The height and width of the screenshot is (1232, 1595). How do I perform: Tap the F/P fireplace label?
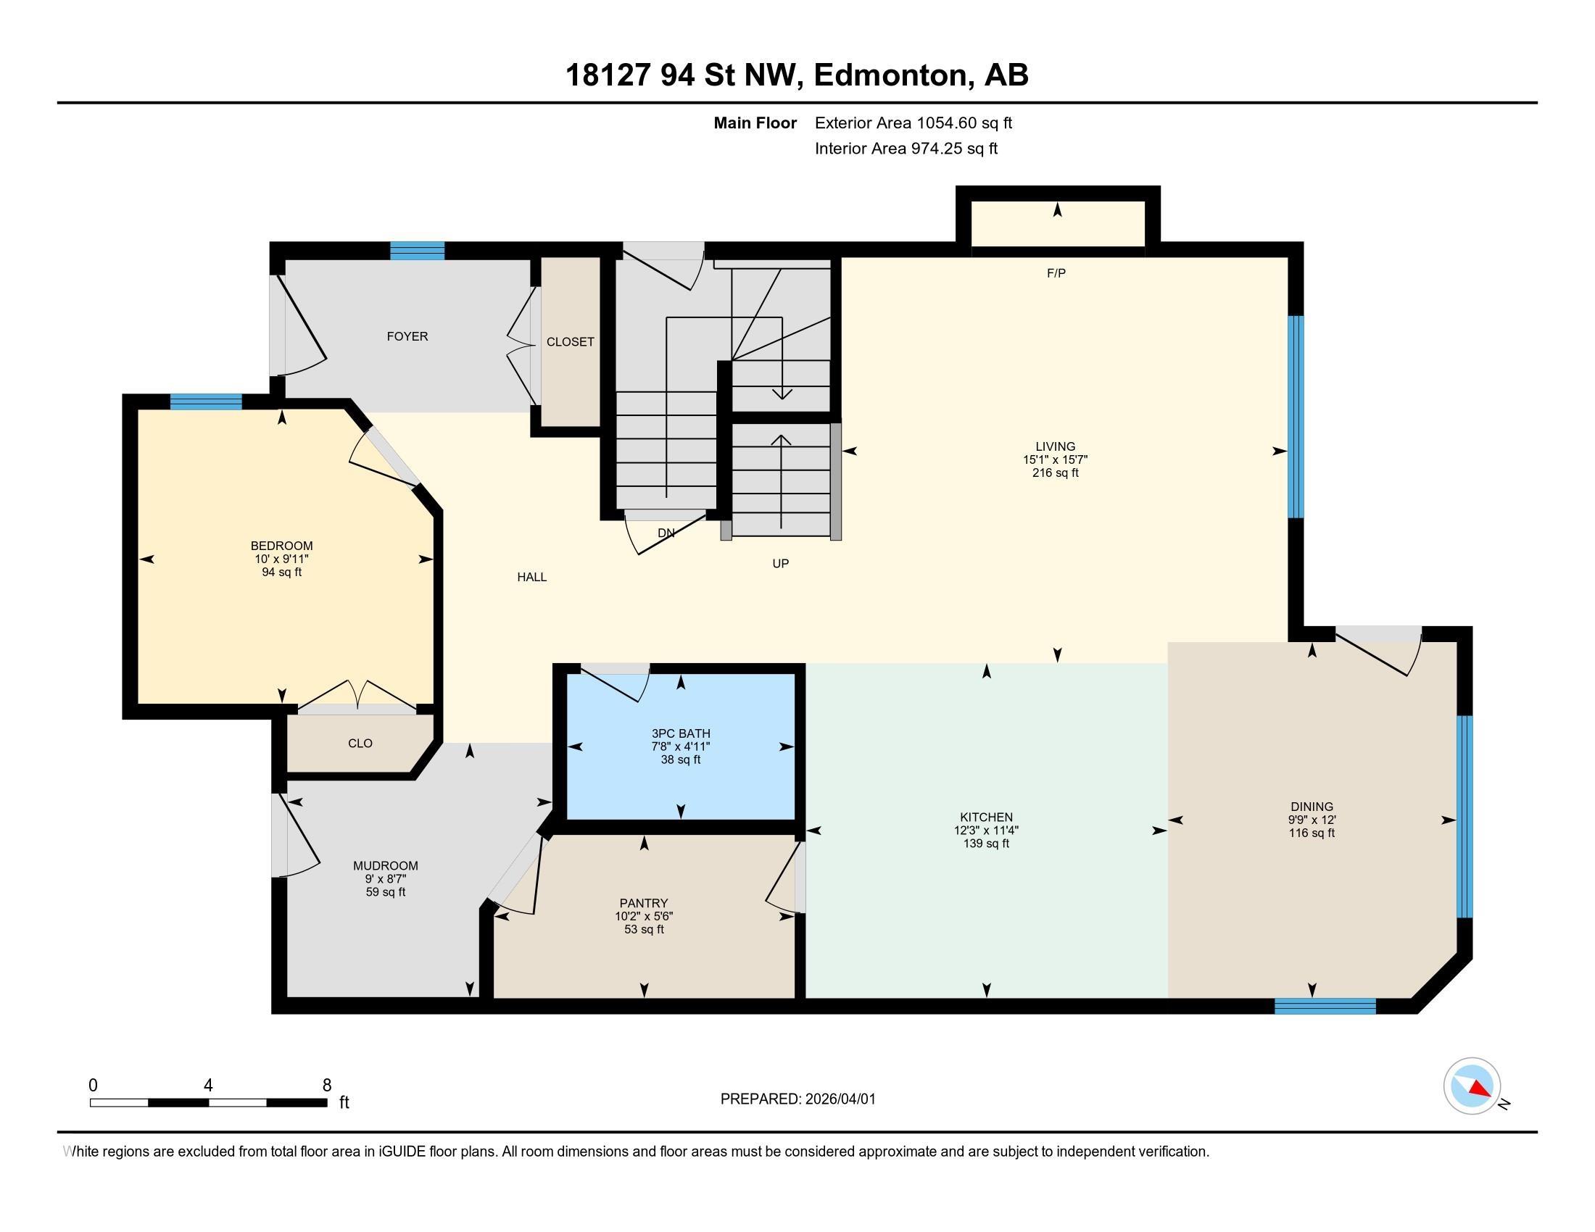[x=1056, y=273]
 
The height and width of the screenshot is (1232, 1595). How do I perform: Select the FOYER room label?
[x=407, y=336]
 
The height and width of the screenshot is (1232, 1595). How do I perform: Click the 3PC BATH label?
[x=681, y=733]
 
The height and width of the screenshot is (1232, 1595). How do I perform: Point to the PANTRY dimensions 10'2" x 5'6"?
[x=643, y=916]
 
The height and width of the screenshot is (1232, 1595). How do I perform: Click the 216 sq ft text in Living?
[x=1056, y=473]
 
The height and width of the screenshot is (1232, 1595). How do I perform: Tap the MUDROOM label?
[x=385, y=865]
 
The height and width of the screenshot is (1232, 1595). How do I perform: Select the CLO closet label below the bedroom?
[x=360, y=743]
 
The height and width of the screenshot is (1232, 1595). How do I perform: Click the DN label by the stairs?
[x=666, y=533]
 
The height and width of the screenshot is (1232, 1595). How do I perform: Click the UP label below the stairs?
[x=780, y=563]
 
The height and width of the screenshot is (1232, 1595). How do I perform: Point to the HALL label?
[x=531, y=577]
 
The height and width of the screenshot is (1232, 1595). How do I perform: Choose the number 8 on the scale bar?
[x=326, y=1085]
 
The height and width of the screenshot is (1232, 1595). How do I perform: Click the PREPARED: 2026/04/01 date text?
[x=797, y=1099]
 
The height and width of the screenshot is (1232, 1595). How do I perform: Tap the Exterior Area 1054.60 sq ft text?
[x=913, y=123]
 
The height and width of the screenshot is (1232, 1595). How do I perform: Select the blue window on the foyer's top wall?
[x=417, y=250]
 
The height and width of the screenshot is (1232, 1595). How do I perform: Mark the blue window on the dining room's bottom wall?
[x=1325, y=1007]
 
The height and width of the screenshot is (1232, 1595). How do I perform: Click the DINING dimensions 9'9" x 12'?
[x=1312, y=820]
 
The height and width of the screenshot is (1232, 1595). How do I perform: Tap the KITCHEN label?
[x=986, y=817]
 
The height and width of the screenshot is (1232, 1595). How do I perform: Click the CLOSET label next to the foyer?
[x=571, y=341]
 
